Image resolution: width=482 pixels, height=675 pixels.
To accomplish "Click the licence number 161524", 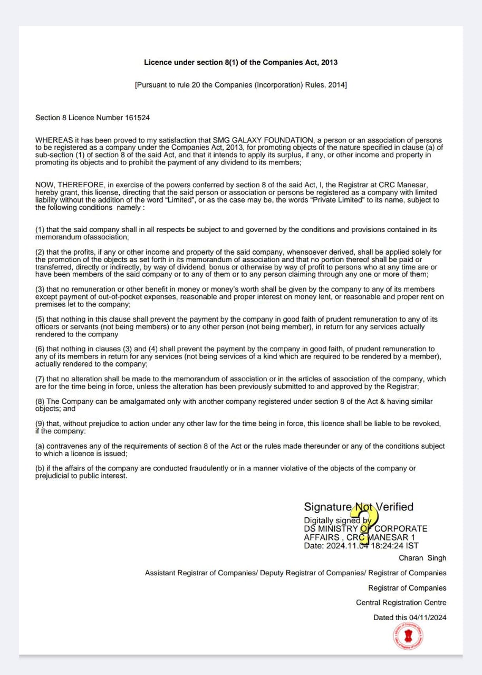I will point(138,118).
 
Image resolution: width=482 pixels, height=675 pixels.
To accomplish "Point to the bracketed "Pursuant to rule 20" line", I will point(240,85).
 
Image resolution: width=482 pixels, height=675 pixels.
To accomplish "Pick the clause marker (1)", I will point(40,230).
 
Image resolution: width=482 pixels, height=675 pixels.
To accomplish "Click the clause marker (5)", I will point(40,320).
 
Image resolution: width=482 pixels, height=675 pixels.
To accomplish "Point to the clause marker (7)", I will point(40,379).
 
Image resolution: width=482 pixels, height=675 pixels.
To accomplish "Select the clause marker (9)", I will point(40,423).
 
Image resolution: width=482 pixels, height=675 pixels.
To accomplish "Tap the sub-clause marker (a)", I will point(40,446).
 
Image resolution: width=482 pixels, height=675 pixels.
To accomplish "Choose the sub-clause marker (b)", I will point(40,468).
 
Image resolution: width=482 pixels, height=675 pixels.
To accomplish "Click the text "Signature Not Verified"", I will point(359,507).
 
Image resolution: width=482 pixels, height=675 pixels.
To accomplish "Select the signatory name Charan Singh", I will point(422,558).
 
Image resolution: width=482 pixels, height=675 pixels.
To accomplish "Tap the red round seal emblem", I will point(409,637).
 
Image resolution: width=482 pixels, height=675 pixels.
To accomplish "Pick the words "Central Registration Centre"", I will point(401,603).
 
